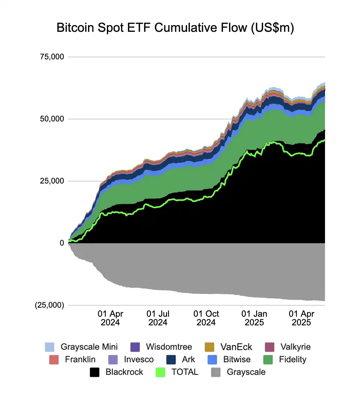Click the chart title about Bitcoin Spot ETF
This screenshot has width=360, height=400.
175,28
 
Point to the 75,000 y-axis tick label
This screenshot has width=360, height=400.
52,57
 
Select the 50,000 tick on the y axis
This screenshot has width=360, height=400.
52,119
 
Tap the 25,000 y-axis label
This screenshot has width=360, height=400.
52,181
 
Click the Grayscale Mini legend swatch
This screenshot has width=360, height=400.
50,347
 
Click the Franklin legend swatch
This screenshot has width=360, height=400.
54,360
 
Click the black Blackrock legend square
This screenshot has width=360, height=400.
95,372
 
